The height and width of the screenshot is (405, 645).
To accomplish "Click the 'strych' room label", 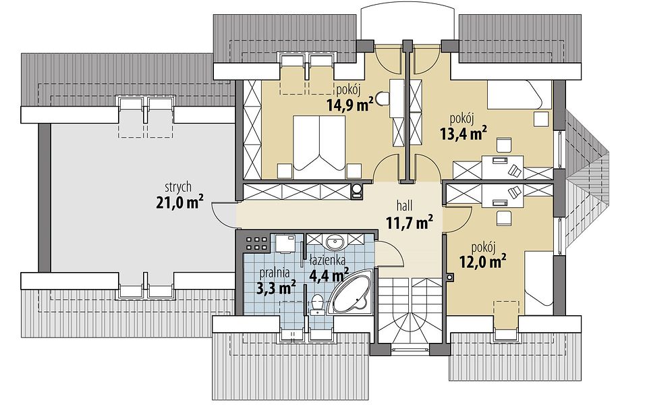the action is pyautogui.click(x=178, y=187).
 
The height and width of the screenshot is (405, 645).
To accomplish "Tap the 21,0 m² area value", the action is pyautogui.click(x=180, y=202).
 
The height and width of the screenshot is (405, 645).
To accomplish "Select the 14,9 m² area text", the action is pyautogui.click(x=350, y=105).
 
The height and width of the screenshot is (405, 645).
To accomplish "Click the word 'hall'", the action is pyautogui.click(x=405, y=205).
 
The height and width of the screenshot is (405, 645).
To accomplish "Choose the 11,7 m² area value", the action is pyautogui.click(x=410, y=223).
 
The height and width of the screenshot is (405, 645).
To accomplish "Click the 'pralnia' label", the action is pyautogui.click(x=275, y=273).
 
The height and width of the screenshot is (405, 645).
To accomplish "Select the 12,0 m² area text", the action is pyautogui.click(x=482, y=261).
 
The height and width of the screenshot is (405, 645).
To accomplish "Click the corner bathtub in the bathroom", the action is pyautogui.click(x=352, y=293).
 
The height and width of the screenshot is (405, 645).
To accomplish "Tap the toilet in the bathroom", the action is pyautogui.click(x=317, y=304).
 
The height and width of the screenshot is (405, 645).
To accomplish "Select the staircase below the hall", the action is pyautogui.click(x=410, y=312).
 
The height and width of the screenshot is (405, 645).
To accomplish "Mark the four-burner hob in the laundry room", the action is pyautogui.click(x=256, y=243).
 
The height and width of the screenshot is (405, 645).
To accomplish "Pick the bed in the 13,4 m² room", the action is pyautogui.click(x=519, y=95).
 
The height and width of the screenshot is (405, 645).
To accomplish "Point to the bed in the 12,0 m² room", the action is pyautogui.click(x=538, y=278).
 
